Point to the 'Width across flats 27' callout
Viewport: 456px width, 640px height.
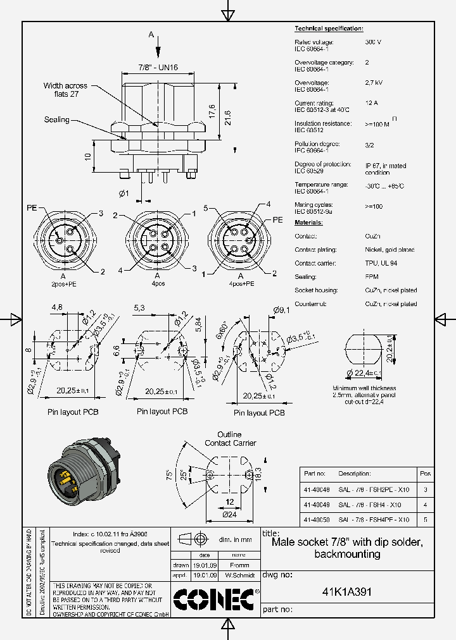click(66, 90)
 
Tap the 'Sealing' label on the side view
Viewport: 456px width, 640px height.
click(57, 120)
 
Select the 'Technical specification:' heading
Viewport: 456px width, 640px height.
click(329, 29)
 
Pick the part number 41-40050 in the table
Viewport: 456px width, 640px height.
click(316, 519)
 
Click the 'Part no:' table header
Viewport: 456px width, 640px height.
click(314, 474)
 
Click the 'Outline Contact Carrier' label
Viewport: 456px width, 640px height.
click(230, 439)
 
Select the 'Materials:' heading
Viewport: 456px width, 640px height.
click(308, 223)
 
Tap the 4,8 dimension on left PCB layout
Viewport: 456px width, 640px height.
click(57, 308)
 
